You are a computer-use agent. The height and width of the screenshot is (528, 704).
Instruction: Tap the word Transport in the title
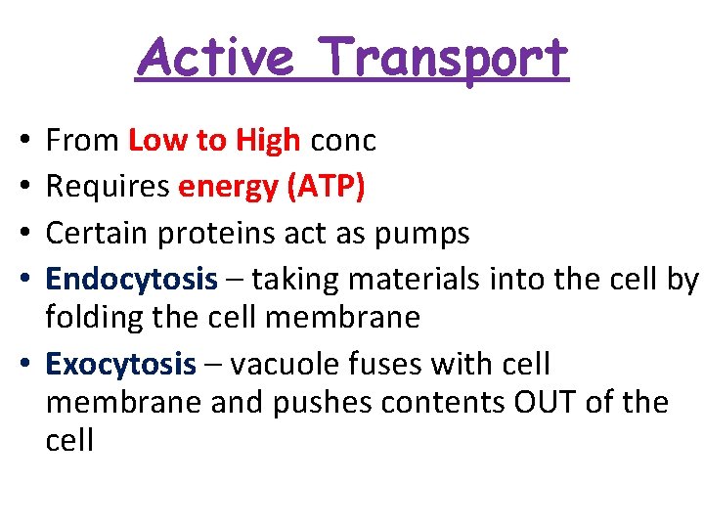coord(443,59)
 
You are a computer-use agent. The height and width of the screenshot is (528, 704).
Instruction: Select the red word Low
coord(158,141)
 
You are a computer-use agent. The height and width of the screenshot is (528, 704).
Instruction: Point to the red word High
coord(267,141)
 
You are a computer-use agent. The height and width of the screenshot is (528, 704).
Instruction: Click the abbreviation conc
coord(342,142)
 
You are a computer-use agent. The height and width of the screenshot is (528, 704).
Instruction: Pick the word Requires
coord(108,188)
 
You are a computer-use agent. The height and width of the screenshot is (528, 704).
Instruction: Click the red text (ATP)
coord(325,188)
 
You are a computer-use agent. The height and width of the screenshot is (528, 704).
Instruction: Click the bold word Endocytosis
coord(131,280)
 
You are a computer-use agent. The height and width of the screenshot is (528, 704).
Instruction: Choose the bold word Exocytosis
coord(121,365)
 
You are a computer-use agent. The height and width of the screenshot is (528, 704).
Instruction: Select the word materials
coord(414,280)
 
